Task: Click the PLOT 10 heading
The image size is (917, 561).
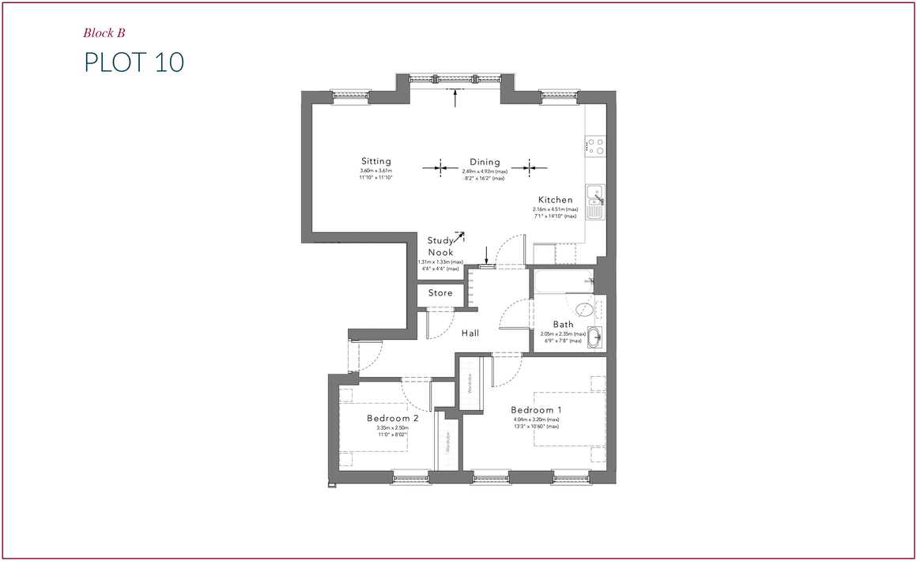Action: (134, 62)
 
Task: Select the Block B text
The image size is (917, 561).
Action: (104, 33)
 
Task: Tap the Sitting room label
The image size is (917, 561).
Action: (376, 161)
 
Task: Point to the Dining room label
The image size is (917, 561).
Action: (485, 162)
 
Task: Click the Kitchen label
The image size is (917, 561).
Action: (555, 200)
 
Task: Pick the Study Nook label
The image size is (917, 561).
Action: (440, 247)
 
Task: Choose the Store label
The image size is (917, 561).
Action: (440, 293)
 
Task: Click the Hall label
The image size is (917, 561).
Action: (471, 333)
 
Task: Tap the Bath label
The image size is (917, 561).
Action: (563, 325)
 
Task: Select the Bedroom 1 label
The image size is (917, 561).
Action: (536, 410)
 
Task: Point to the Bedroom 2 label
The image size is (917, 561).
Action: (392, 418)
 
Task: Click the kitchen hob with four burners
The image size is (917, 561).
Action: (595, 145)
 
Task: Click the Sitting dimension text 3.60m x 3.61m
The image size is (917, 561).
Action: (376, 171)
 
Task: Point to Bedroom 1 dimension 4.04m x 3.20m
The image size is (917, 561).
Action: (536, 420)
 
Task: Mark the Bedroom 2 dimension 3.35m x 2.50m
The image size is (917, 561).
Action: (392, 428)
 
